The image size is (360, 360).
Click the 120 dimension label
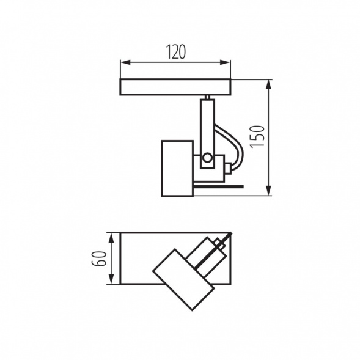tap(175, 52)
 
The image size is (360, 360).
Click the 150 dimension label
tap(257, 137)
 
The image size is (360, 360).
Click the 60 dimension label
tap(99, 259)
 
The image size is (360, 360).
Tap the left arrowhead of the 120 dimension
tap(125, 62)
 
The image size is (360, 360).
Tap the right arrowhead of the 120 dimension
tap(226, 62)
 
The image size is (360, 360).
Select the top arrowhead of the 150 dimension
tap(268, 84)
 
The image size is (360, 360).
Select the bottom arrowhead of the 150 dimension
tap(268, 191)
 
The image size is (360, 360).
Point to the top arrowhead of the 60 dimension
tap(111, 238)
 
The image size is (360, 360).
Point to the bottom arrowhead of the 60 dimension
tap(111, 279)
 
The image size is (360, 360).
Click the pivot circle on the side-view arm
tap(207, 158)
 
